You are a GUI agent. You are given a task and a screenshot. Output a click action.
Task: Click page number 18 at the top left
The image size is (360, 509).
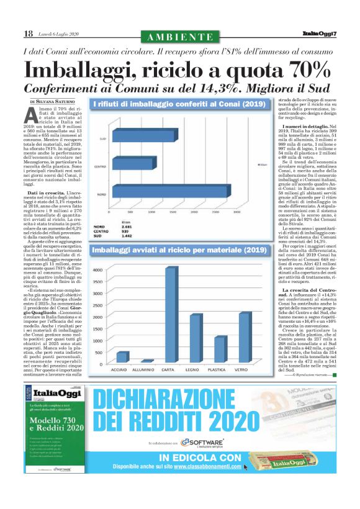pos(29,32)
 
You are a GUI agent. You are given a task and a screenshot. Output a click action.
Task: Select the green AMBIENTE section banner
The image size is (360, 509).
pos(180,34)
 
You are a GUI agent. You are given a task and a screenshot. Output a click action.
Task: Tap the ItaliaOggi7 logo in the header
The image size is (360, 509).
pos(319,33)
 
